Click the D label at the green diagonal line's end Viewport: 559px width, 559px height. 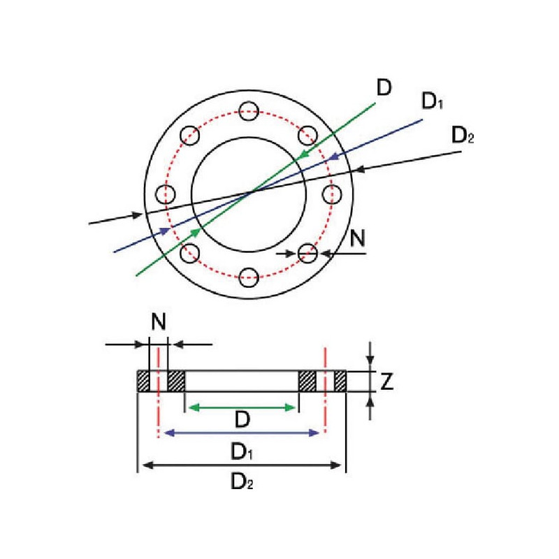(384, 89)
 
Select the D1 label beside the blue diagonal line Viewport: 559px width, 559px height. (433, 103)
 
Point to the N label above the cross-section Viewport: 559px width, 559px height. (159, 322)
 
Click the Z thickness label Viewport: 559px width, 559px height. (387, 382)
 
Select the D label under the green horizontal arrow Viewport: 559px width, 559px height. (242, 421)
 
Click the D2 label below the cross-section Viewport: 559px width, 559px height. (242, 481)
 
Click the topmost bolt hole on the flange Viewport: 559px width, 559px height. (248, 110)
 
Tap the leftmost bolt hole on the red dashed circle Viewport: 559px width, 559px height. (165, 194)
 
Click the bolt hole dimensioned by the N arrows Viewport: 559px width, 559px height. (307, 253)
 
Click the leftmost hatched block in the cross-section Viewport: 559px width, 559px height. (143, 382)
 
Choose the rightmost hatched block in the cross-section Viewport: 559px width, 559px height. (340, 382)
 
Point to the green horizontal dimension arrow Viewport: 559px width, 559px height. (242, 406)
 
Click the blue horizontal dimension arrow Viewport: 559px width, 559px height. (242, 433)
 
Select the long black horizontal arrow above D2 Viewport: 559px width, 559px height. (242, 465)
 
